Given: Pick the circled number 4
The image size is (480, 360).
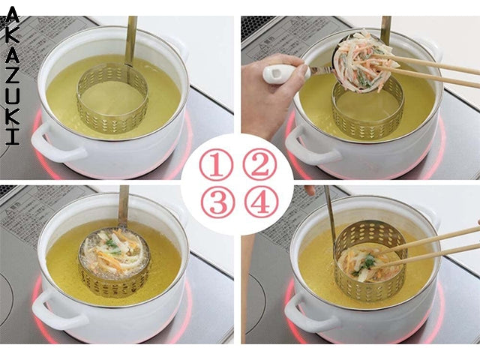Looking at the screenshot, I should pyautogui.click(x=259, y=202).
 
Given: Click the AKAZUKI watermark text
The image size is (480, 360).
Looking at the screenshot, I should pyautogui.click(x=10, y=75).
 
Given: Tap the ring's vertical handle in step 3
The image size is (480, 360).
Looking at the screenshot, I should pyautogui.click(x=123, y=206).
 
